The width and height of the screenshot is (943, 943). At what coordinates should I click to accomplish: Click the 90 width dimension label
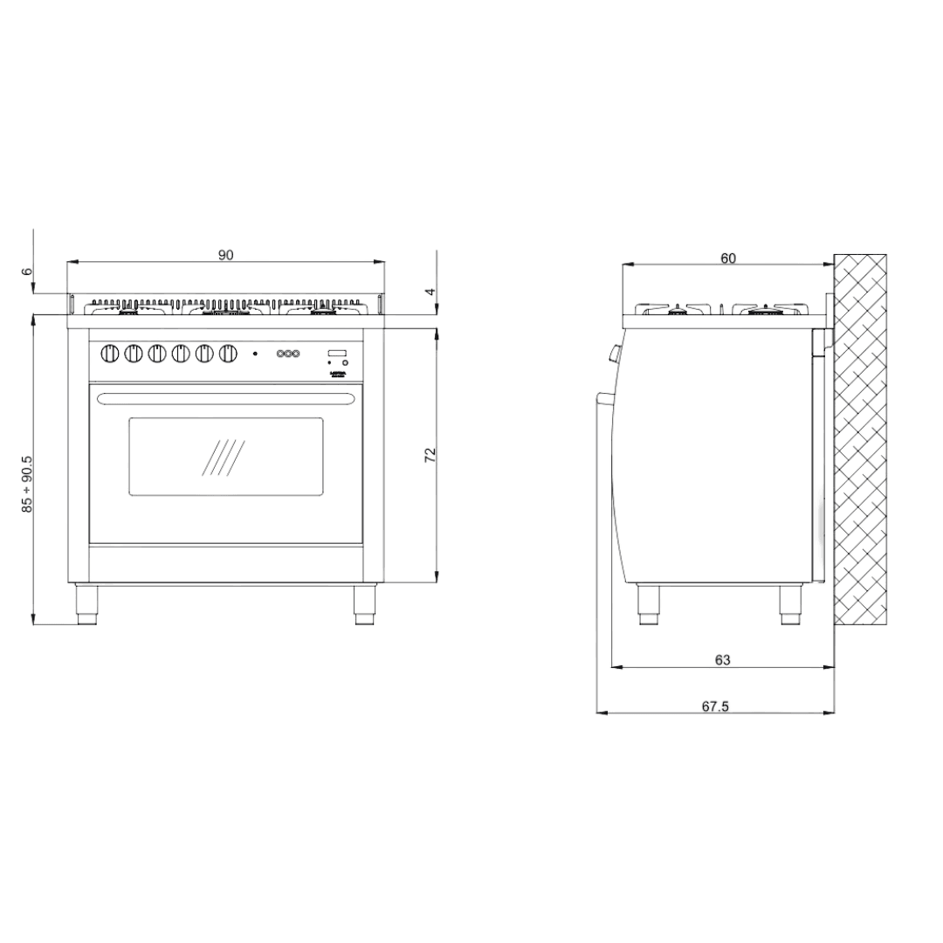225,255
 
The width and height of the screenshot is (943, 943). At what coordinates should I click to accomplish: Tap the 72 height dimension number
430,454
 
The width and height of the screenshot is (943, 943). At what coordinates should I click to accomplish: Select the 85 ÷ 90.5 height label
27,483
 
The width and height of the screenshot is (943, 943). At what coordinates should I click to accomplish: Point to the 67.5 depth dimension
714,706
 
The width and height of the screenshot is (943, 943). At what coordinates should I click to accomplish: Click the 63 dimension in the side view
722,660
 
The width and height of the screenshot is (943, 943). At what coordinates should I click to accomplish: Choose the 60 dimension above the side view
728,258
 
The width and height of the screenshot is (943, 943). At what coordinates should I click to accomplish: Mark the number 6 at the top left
27,272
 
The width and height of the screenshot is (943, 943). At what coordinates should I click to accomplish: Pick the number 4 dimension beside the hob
430,293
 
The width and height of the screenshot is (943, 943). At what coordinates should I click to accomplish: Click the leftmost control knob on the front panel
110,354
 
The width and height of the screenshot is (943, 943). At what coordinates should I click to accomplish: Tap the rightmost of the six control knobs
228,354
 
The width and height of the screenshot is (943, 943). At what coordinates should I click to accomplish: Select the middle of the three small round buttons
287,354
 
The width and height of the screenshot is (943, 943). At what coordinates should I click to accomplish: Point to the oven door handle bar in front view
226,399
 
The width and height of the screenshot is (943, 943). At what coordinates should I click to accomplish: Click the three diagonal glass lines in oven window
224,458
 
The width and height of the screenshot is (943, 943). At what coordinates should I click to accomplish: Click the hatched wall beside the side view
860,441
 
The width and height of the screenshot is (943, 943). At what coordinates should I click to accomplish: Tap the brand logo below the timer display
337,374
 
